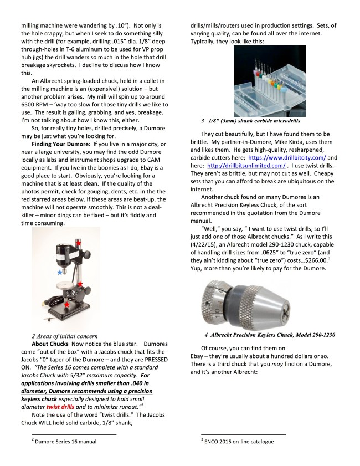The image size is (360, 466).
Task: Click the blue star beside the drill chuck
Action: pos(60,273)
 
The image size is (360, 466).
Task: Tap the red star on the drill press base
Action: pos(68,304)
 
